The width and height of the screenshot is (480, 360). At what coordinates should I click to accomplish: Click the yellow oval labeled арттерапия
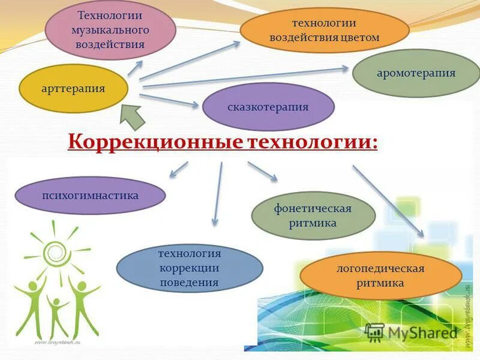pos(74,89)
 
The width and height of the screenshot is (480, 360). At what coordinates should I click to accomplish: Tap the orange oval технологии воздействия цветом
pos(324,31)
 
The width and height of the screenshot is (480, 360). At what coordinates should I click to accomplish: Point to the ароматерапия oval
pos(416,73)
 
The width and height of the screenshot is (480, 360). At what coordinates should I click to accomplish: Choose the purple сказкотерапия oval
pos(268,107)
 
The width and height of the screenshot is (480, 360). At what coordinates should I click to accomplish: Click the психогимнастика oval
pos(90,196)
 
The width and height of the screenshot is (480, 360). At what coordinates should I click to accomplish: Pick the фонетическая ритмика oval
pos(313,216)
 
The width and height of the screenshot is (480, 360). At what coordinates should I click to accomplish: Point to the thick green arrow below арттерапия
pos(134,114)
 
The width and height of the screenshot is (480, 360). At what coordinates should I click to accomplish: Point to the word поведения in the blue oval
pos(190,281)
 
